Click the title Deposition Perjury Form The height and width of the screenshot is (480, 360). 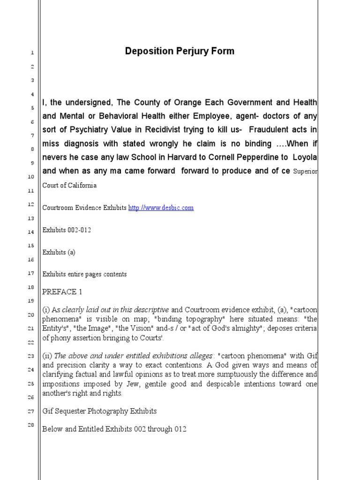pos(180,51)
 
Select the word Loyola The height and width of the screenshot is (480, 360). pos(303,157)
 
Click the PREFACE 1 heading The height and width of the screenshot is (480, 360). pos(62,292)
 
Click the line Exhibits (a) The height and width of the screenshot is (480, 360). pos(59,252)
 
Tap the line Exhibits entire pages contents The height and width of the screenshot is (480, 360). pos(84,274)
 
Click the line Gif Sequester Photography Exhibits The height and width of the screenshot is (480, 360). pos(99,411)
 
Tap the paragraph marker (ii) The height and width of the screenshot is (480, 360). pos(47,356)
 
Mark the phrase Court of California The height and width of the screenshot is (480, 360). pos(69,185)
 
